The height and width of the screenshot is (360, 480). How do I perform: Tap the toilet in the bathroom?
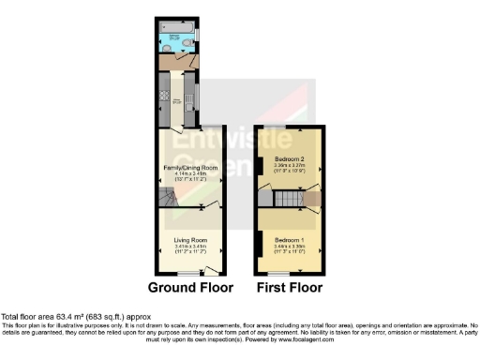point(192,41)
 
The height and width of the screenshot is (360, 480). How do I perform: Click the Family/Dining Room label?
point(190,167)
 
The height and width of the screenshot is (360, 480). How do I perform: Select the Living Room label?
point(190,240)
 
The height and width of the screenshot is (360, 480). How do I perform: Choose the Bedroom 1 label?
point(288,240)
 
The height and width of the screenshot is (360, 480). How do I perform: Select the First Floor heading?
point(289,288)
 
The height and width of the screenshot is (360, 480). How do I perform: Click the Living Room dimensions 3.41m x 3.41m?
point(190,247)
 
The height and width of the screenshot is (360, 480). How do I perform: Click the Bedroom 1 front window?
point(288,272)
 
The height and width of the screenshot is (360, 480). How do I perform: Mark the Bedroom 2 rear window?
point(288,126)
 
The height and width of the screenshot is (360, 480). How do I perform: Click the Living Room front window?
point(190,272)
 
